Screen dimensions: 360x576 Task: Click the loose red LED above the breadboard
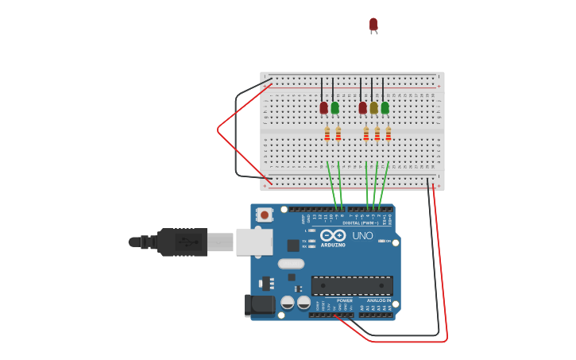pyautogui.click(x=373, y=25)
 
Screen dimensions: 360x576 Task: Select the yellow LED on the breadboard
pyautogui.click(x=373, y=107)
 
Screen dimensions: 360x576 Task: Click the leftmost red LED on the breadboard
pyautogui.click(x=323, y=107)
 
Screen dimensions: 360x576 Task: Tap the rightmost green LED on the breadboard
pyautogui.click(x=385, y=107)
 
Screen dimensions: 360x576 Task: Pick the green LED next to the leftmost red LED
pyautogui.click(x=334, y=107)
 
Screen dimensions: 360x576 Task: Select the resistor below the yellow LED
pyautogui.click(x=377, y=134)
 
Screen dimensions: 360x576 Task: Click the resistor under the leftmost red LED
pyautogui.click(x=327, y=134)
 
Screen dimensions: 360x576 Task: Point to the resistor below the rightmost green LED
pyautogui.click(x=388, y=134)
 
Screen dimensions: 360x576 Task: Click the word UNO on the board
pyautogui.click(x=362, y=236)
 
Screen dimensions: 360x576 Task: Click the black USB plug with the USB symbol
pyautogui.click(x=182, y=242)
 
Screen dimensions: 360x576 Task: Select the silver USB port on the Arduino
pyautogui.click(x=253, y=242)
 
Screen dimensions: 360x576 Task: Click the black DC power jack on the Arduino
pyautogui.click(x=260, y=304)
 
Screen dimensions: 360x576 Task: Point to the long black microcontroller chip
pyautogui.click(x=352, y=285)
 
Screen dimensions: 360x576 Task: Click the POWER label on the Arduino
pyautogui.click(x=345, y=300)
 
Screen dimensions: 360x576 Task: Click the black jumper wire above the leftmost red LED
pyautogui.click(x=322, y=88)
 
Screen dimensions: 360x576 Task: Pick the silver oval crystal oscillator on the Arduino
pyautogui.click(x=291, y=264)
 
